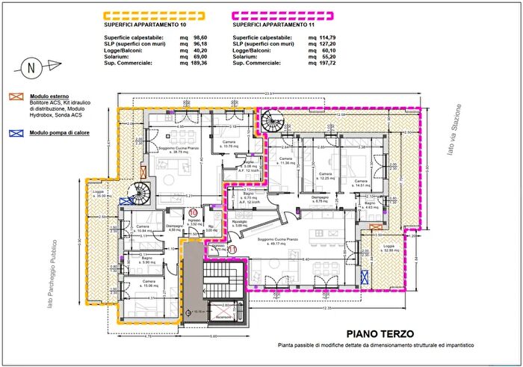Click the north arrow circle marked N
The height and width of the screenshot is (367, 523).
[x=31, y=67]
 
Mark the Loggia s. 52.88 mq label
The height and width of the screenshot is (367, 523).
[x=388, y=249]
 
